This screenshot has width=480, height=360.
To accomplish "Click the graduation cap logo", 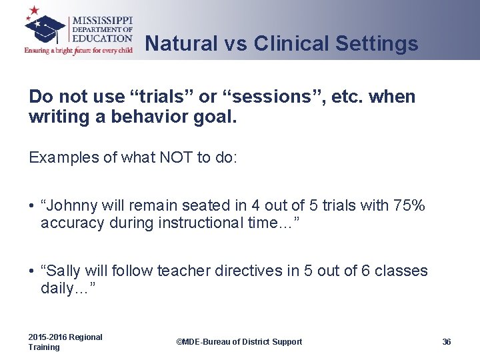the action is pos(45,29).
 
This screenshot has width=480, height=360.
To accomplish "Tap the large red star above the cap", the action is pos(34,10).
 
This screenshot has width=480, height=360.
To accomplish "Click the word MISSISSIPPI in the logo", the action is pos(103,21).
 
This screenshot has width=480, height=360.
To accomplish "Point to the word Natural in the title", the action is pos(181,43).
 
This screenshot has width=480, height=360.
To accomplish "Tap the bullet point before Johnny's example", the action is pos(31,206).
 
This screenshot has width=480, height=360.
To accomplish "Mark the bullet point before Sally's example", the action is pos(31,271).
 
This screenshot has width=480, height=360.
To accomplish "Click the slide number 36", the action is pos(446,341).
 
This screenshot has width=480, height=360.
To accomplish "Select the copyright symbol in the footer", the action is pos(179,341).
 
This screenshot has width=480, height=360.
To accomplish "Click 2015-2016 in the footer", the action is pos(47,337).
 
